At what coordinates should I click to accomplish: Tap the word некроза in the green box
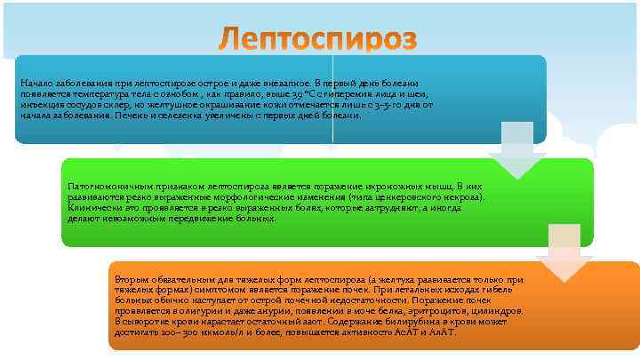(464, 196)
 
